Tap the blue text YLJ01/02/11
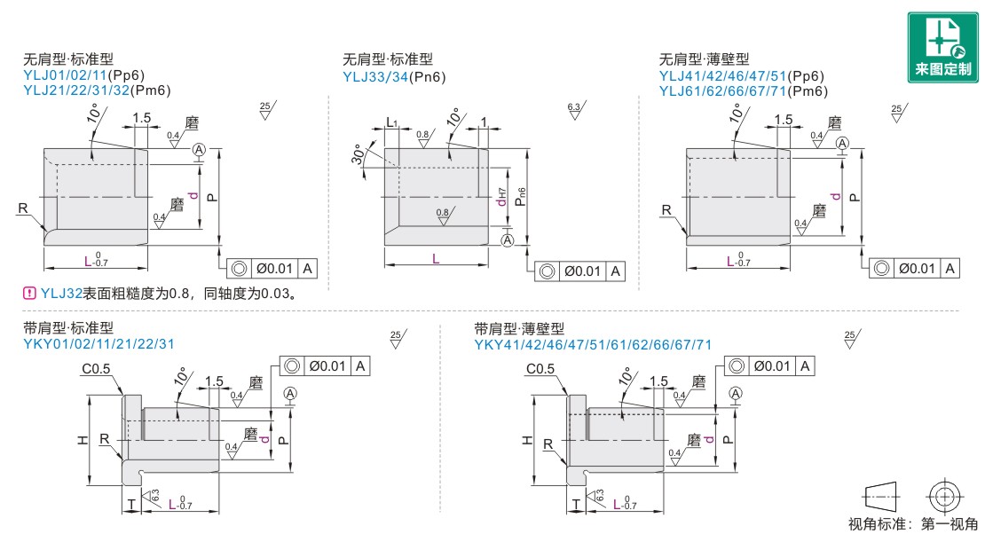65,76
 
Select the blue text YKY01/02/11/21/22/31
99,344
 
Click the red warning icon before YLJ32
29,293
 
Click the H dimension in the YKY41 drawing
525,440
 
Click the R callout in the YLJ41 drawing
666,209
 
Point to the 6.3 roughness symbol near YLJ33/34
574,110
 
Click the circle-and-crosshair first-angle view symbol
943,495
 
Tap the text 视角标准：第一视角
913,523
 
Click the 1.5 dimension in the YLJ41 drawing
783,120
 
